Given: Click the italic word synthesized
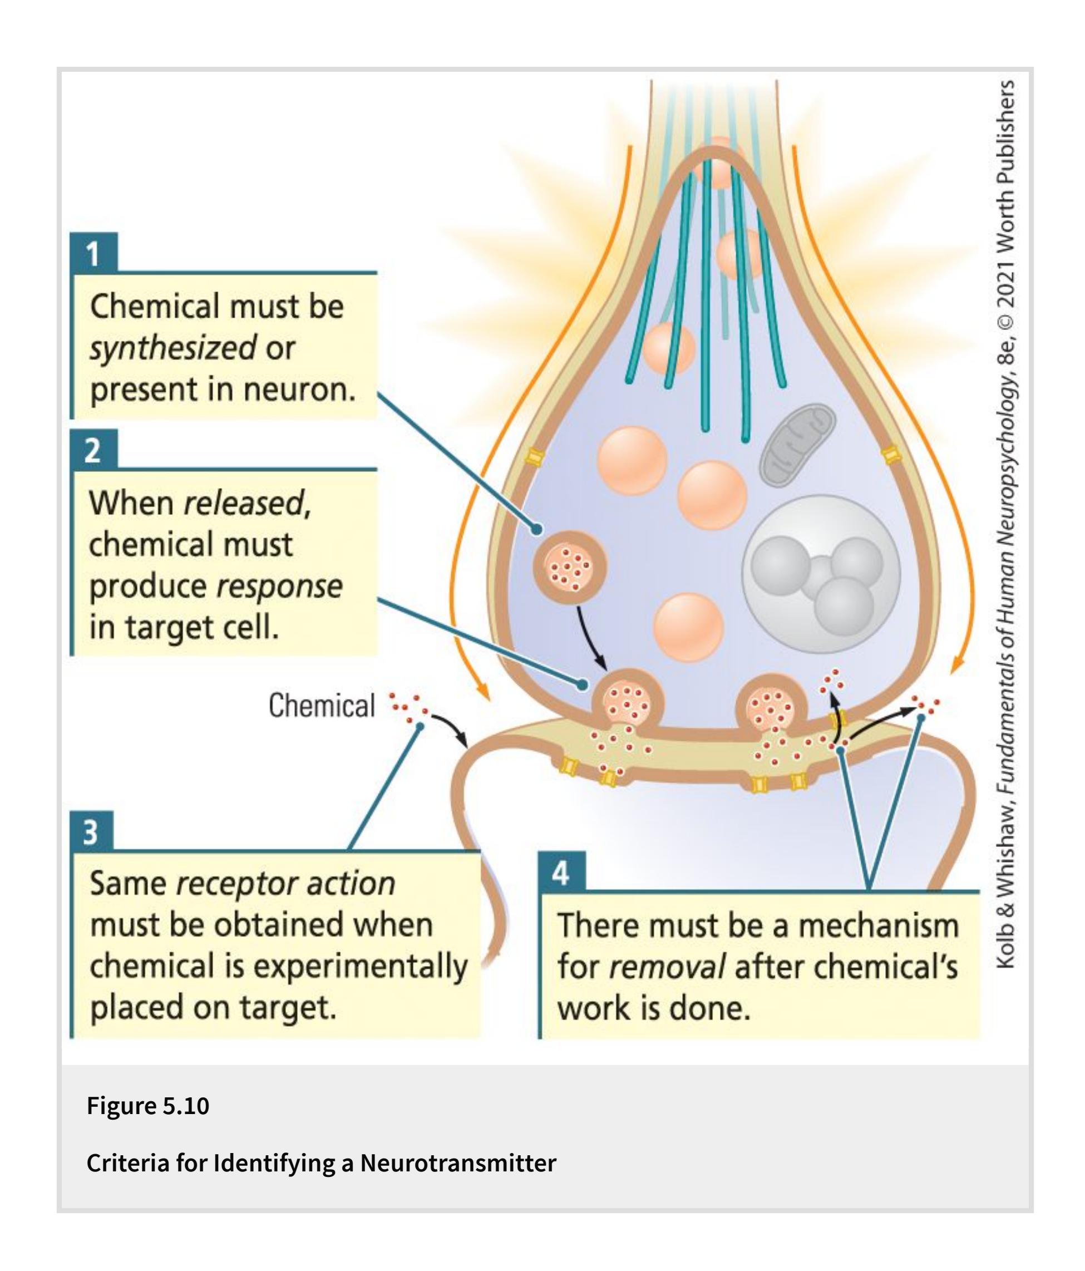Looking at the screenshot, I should click(173, 348).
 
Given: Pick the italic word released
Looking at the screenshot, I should click(244, 503).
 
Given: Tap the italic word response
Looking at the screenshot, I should click(280, 586).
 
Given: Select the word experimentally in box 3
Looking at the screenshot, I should click(360, 967).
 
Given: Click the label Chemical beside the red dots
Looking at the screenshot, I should click(322, 706).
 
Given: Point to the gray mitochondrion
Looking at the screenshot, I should click(797, 445).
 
